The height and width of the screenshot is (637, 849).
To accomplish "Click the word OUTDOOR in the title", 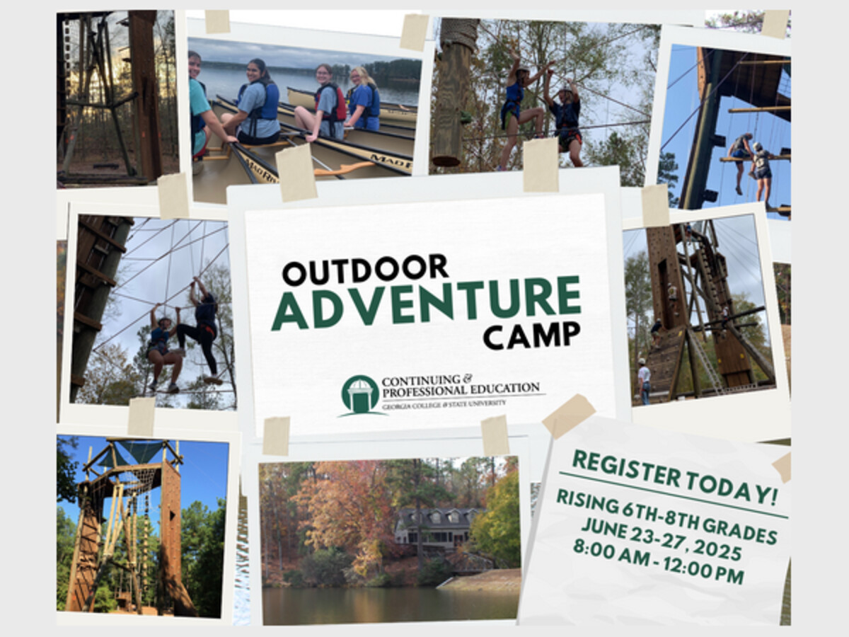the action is click(x=365, y=269).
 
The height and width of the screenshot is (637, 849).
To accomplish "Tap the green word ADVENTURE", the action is click(x=426, y=303).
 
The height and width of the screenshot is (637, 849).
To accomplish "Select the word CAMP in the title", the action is click(x=532, y=335).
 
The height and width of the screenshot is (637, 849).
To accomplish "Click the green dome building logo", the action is click(x=360, y=396).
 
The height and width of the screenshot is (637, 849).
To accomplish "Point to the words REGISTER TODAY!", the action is click(x=674, y=477).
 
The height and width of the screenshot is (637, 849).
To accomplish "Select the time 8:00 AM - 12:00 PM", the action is click(x=658, y=561).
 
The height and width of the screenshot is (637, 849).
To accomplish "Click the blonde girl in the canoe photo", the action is click(x=363, y=98).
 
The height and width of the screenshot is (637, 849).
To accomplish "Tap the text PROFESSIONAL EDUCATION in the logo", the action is click(x=461, y=389).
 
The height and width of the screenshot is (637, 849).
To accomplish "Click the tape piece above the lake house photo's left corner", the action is click(x=276, y=435).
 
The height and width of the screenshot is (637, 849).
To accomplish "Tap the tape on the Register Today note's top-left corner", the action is click(x=568, y=415).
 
